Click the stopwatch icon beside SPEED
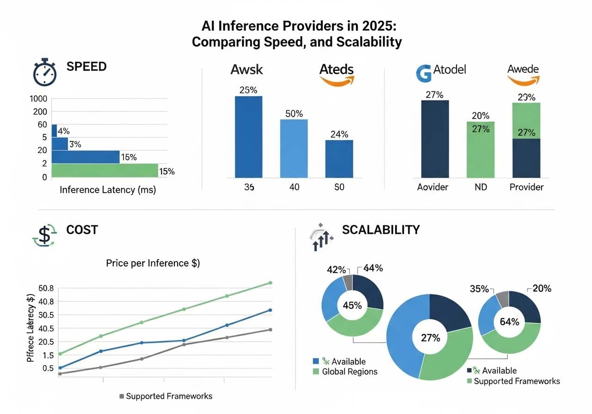(x=44, y=73)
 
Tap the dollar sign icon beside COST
(x=44, y=235)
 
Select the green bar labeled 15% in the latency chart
(x=105, y=170)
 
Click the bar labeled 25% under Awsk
(x=248, y=137)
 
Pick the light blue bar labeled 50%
(x=294, y=148)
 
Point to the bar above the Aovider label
(x=435, y=139)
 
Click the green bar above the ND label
(x=481, y=150)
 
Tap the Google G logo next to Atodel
(x=424, y=73)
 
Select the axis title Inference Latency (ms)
(x=108, y=190)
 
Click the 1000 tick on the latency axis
(x=38, y=99)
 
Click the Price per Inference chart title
(x=153, y=263)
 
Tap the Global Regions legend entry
(x=349, y=371)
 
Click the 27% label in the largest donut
(x=430, y=338)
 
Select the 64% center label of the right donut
(x=509, y=322)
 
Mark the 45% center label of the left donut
(x=352, y=305)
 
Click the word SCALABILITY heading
(x=381, y=230)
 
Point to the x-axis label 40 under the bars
(x=294, y=188)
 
